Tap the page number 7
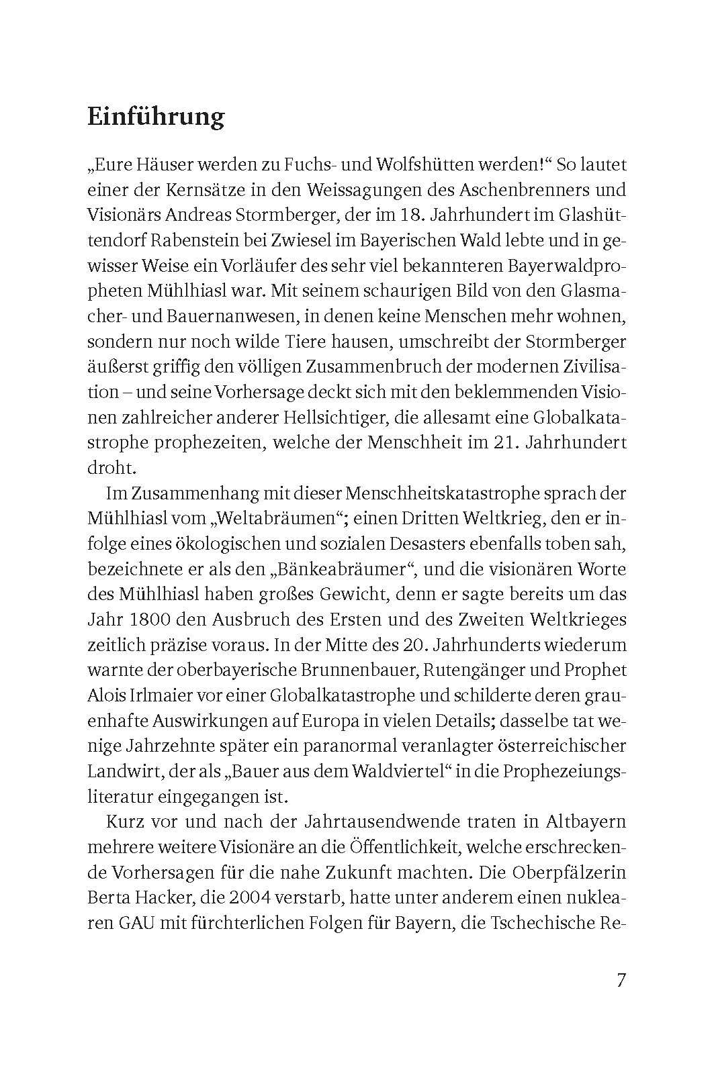[621, 979]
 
